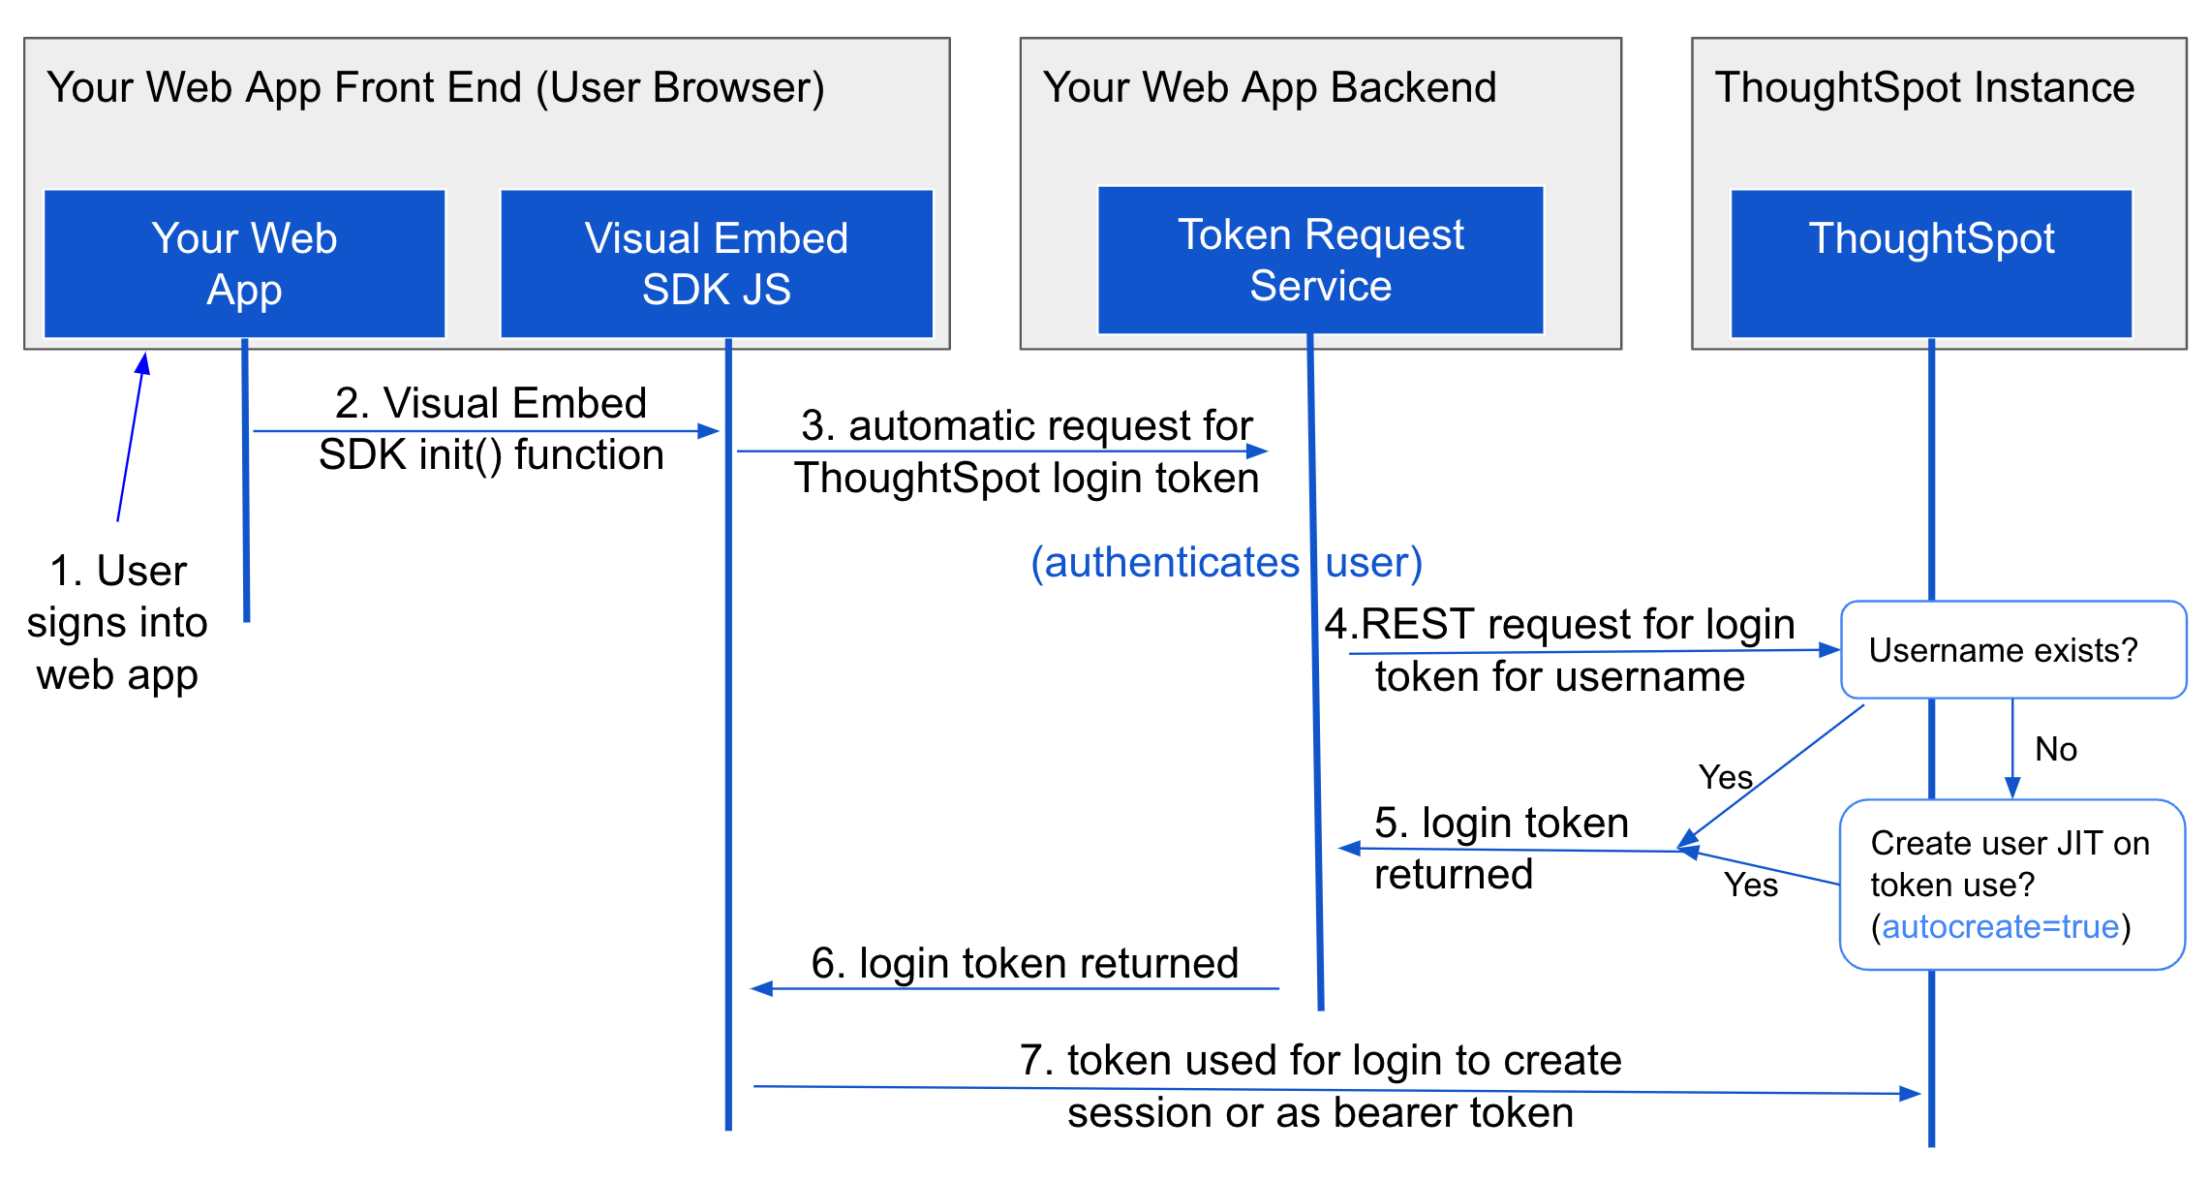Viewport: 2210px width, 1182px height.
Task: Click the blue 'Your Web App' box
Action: (244, 264)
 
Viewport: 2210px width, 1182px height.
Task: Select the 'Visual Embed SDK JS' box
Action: (716, 264)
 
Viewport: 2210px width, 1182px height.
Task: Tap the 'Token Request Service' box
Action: (1320, 260)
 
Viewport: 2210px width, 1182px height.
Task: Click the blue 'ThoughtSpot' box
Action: (1931, 264)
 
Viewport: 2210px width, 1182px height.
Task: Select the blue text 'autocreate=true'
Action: (2000, 927)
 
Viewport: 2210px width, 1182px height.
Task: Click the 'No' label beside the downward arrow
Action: (2055, 749)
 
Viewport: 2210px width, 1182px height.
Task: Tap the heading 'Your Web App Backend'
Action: (1269, 87)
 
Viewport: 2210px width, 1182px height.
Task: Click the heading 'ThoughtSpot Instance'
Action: (1924, 87)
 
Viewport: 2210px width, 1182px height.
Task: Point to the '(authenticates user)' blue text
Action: (1226, 562)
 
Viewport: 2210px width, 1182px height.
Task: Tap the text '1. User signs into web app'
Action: (117, 622)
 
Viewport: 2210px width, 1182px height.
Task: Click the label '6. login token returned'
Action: (1025, 963)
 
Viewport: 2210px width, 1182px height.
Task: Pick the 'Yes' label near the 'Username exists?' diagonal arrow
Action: (1725, 777)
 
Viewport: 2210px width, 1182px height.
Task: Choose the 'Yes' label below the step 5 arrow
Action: (1750, 885)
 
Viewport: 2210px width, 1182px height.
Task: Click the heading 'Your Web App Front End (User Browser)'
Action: (435, 87)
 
